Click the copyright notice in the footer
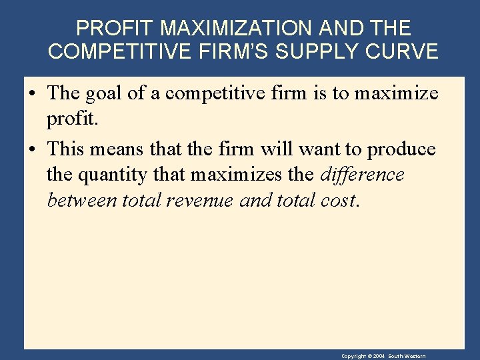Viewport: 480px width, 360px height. [x=383, y=357]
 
